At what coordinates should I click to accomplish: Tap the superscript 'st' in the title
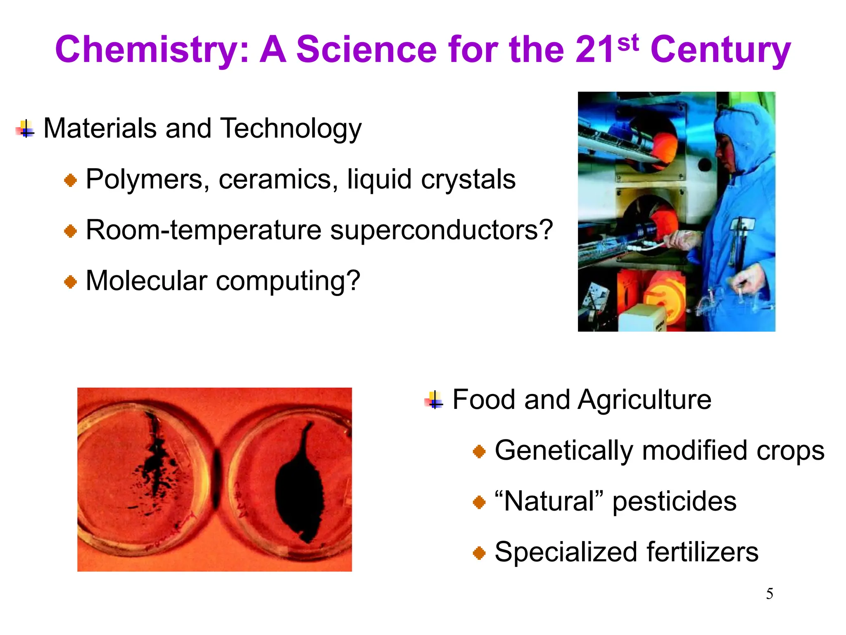[x=628, y=43]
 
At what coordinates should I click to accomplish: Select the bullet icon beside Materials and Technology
[x=26, y=129]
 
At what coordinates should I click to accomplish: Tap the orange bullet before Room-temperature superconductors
[x=71, y=231]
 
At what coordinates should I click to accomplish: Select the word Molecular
[x=146, y=281]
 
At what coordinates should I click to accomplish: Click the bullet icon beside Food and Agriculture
[x=434, y=400]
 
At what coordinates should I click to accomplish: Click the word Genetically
[x=563, y=451]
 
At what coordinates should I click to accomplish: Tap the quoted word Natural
[x=549, y=501]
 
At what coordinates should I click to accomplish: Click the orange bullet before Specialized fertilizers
[x=479, y=553]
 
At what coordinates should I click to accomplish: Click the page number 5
[x=770, y=594]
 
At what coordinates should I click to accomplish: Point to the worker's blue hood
[x=744, y=132]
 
